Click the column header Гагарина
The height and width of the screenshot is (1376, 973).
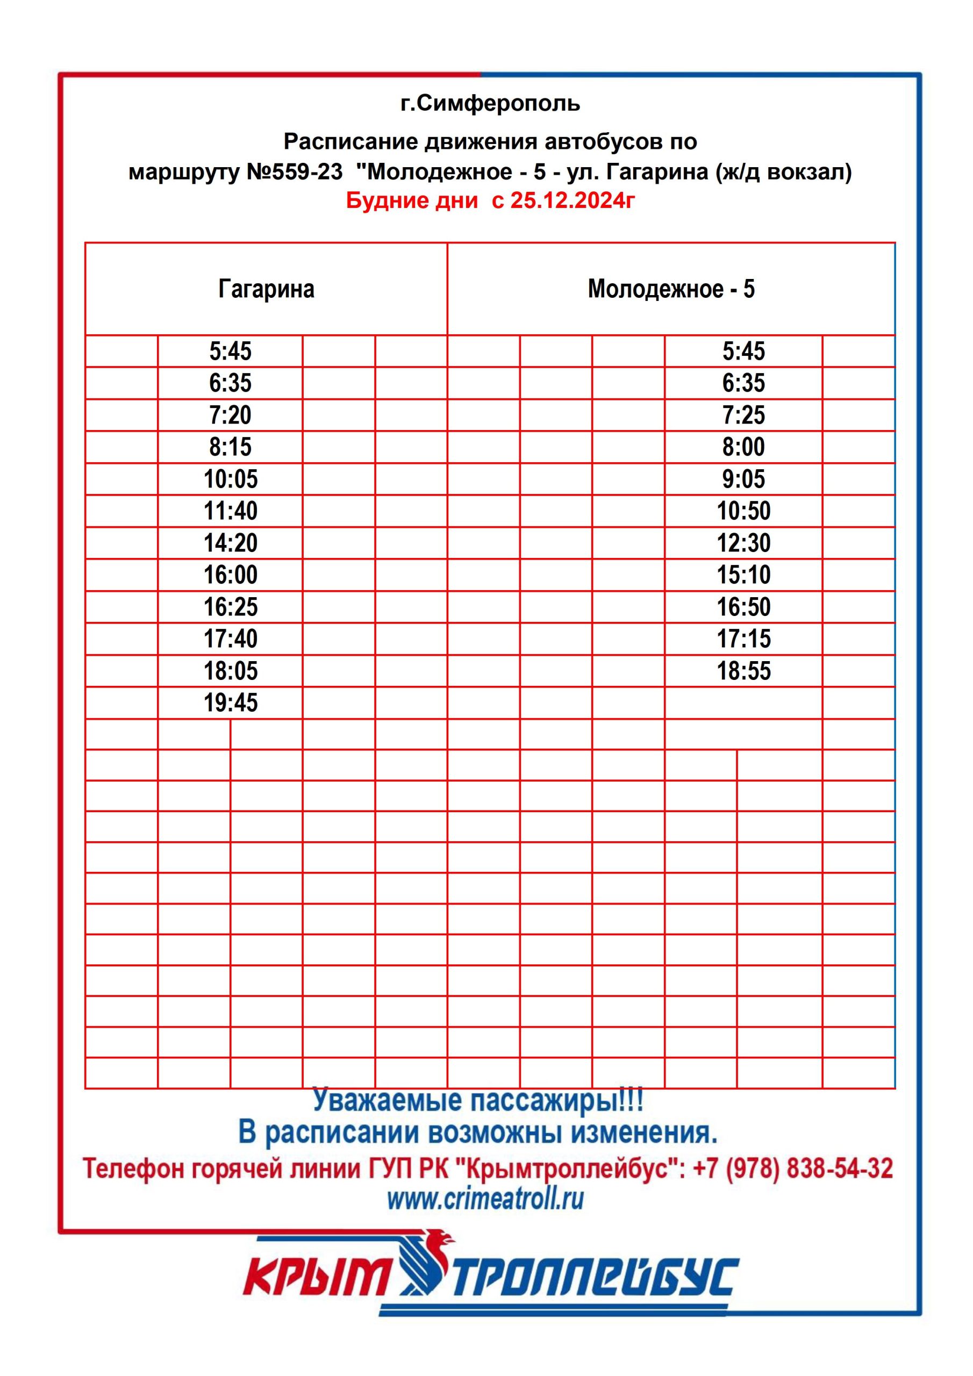pyautogui.click(x=266, y=289)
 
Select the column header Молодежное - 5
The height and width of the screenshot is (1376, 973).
pyautogui.click(x=671, y=289)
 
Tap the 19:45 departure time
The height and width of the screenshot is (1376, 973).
pyautogui.click(x=230, y=703)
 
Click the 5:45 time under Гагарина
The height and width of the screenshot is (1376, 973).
pyautogui.click(x=230, y=351)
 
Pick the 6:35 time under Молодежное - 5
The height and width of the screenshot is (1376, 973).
pyautogui.click(x=743, y=383)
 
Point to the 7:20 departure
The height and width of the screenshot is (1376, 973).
pyautogui.click(x=230, y=415)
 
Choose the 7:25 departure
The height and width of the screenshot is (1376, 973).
pyautogui.click(x=743, y=415)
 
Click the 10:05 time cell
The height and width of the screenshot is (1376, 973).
pyautogui.click(x=230, y=479)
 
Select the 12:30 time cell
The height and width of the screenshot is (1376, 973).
pyautogui.click(x=743, y=543)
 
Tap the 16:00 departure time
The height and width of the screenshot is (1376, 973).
pyautogui.click(x=230, y=575)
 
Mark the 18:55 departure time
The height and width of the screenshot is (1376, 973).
pyautogui.click(x=743, y=671)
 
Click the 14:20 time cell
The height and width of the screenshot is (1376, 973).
pyautogui.click(x=230, y=543)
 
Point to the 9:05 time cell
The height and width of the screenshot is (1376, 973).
pyautogui.click(x=743, y=479)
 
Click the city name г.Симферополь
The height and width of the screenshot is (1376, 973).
pyautogui.click(x=490, y=104)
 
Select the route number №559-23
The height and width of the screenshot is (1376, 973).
pyautogui.click(x=295, y=172)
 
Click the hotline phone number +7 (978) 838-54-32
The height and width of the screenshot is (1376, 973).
pyautogui.click(x=792, y=1168)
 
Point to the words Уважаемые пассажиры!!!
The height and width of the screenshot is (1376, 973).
pyautogui.click(x=478, y=1100)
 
